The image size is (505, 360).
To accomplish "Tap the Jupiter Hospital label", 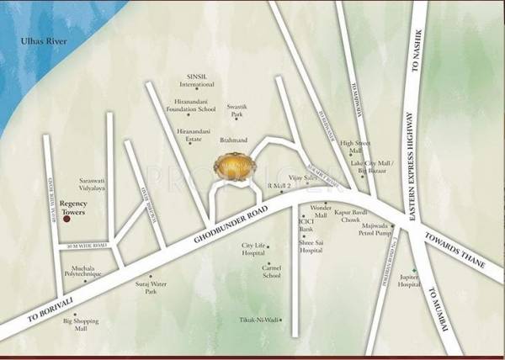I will pos(409,281).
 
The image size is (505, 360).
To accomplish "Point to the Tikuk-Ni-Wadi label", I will pos(259,320).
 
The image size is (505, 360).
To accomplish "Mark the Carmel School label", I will pos(271,271).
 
